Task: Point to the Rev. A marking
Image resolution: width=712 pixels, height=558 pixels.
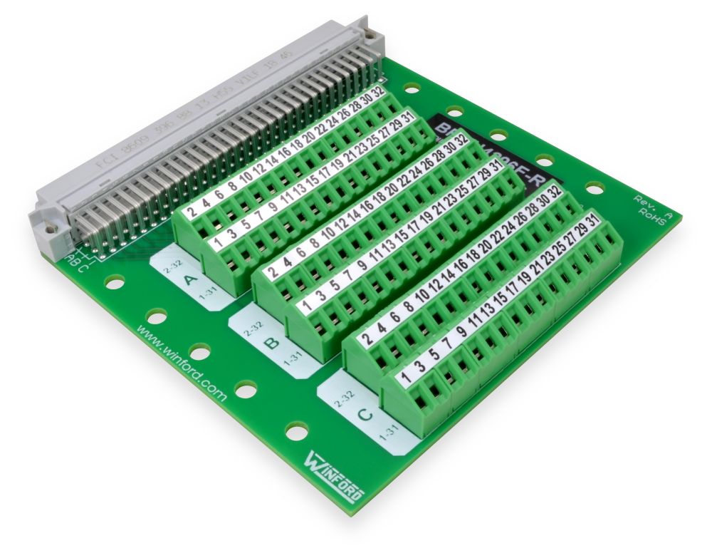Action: [x=649, y=202]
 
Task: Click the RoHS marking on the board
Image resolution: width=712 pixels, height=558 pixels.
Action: [x=654, y=216]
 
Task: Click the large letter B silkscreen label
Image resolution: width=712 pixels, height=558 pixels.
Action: [x=271, y=343]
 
